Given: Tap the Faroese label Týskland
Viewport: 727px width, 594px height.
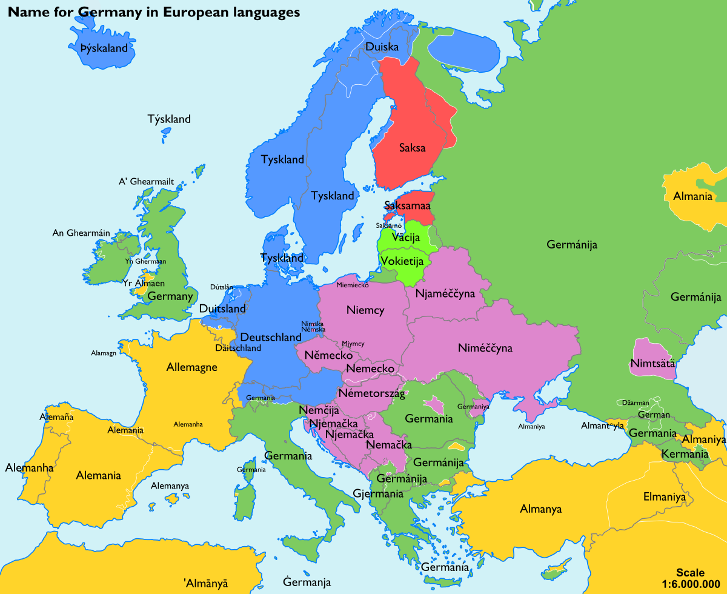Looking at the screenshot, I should coord(169,119).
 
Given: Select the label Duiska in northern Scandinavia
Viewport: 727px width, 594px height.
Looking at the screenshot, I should coord(382,47).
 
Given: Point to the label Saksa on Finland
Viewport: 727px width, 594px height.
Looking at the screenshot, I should coord(412,147).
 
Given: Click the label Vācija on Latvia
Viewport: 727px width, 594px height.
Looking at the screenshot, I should coord(405,238).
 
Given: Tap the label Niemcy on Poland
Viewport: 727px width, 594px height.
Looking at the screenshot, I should coord(365,310).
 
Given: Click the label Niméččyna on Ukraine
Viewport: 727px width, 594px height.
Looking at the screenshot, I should coord(485,349).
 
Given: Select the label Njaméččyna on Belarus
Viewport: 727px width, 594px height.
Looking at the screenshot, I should coord(445,293).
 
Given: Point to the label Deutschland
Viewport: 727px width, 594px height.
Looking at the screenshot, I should coord(271,337).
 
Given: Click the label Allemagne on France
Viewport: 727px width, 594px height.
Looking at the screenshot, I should coord(191,367).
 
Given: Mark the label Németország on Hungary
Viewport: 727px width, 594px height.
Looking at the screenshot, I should coord(371,393).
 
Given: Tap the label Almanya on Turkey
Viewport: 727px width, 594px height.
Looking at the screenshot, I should coord(541,509).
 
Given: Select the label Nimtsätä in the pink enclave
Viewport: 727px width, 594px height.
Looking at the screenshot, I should coord(652,364).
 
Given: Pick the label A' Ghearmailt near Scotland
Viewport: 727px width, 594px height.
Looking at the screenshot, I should coord(146,182).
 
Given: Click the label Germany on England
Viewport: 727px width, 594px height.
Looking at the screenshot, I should coord(170,296).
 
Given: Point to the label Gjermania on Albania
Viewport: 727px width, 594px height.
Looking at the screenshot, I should coord(378,494).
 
